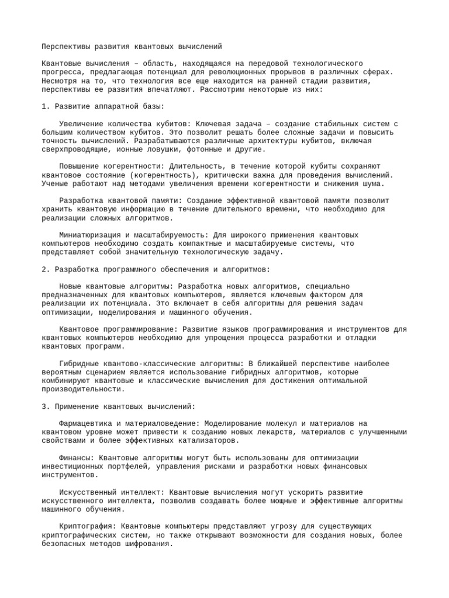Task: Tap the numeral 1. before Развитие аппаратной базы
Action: (46, 107)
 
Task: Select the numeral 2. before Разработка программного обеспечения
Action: (46, 269)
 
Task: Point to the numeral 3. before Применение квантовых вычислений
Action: (46, 406)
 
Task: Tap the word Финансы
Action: (76, 457)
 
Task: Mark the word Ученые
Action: (54, 183)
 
